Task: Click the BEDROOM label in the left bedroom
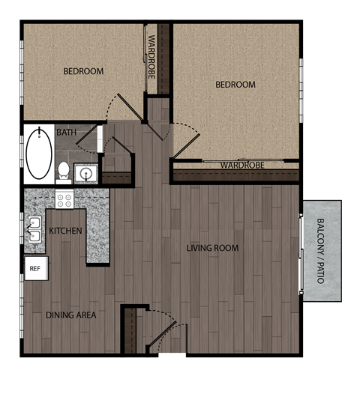[82, 71]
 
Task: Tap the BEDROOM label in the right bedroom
[235, 85]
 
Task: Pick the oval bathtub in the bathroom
[38, 154]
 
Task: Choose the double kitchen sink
[33, 229]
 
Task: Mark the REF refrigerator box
[34, 267]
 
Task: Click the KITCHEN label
[65, 231]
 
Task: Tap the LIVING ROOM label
[212, 248]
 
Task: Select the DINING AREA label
[71, 315]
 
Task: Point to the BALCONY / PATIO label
[320, 250]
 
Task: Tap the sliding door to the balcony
[301, 251]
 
